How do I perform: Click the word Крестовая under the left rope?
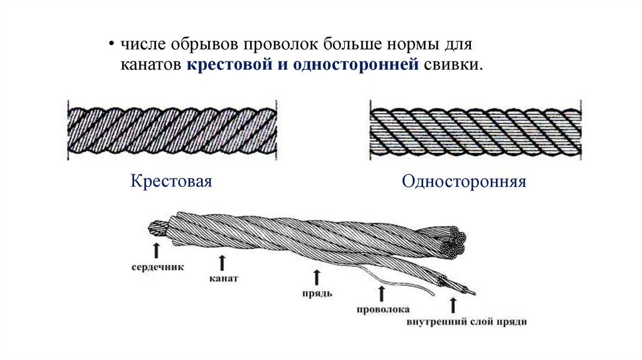coord(171,181)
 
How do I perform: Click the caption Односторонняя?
coord(464,182)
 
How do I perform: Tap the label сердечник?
coord(157,267)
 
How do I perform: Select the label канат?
coord(221,277)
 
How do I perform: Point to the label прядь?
coord(316,292)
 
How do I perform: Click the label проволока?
coord(382,309)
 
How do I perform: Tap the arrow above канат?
coord(221,260)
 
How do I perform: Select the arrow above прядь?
coord(317,276)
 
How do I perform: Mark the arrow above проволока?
coord(381,293)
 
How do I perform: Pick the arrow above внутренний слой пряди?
coord(453,305)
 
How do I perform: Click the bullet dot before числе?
coord(110,46)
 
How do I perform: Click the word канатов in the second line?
coord(151,65)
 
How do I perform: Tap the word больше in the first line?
coord(353,46)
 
